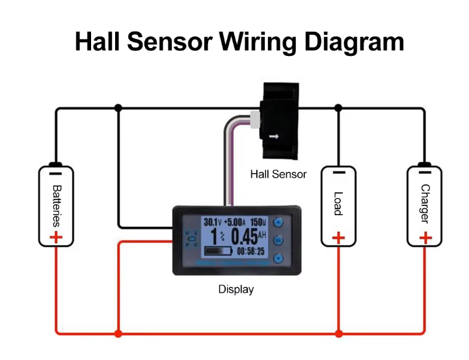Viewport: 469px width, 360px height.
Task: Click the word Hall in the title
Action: point(98,42)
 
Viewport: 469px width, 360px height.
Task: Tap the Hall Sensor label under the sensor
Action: point(278,174)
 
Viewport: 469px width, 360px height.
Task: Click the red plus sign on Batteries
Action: point(56,238)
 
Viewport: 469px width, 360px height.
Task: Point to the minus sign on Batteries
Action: point(56,174)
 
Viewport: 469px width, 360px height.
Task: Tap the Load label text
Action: point(338,203)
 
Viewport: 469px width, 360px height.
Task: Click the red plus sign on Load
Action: point(338,238)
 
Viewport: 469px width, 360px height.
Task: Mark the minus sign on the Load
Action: point(338,174)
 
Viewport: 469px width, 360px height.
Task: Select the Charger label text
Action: point(425,204)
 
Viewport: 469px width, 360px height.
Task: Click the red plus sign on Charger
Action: point(425,238)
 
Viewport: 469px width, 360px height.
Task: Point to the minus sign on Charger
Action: point(425,174)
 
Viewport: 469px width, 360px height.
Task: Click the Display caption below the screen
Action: point(235,290)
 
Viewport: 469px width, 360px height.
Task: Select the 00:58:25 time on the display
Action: point(250,251)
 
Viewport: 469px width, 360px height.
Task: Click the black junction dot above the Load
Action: point(338,108)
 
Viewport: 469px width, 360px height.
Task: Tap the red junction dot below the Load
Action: point(338,334)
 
